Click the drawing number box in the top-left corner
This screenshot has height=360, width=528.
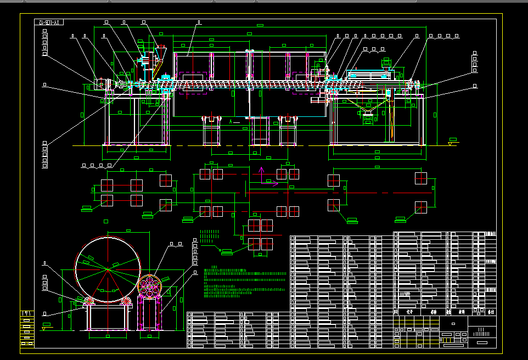coord(49,22)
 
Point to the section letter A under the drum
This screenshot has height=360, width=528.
coord(231,121)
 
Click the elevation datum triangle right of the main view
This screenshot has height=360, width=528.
coord(450,143)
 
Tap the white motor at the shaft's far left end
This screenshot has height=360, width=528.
coord(100,84)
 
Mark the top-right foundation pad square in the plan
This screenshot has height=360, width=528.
coord(420,178)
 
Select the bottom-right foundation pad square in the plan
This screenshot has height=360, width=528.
coord(420,206)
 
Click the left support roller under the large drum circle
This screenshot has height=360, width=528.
coord(89,301)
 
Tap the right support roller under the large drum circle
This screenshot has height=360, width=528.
coord(127,301)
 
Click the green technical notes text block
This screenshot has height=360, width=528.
coord(244,282)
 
